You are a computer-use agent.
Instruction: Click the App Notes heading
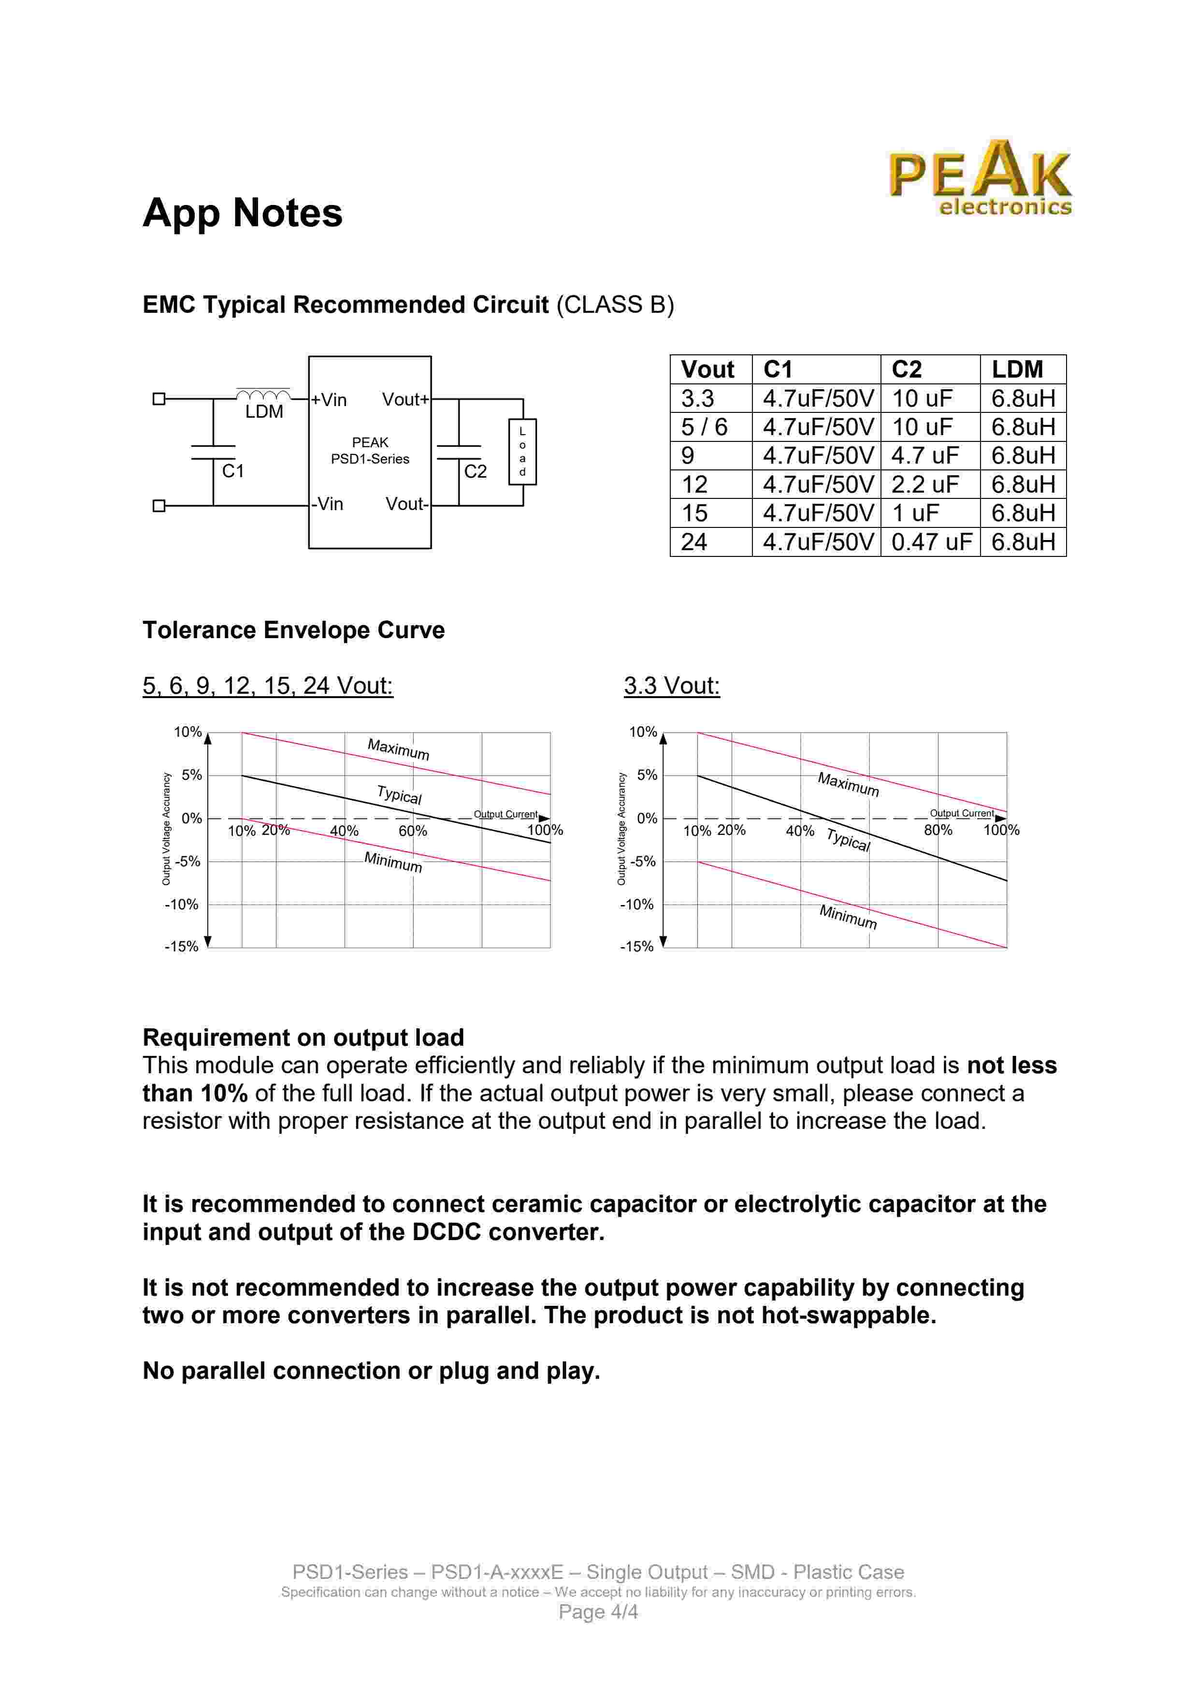(242, 213)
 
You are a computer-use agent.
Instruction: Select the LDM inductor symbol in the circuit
(262, 396)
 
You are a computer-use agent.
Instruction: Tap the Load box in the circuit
(522, 452)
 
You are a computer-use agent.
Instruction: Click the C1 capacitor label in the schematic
(232, 471)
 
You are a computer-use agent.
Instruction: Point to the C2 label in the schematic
(475, 471)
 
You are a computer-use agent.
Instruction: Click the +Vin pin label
(329, 400)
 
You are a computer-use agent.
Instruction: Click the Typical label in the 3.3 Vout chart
(848, 840)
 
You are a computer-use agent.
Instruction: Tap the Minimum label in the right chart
(848, 917)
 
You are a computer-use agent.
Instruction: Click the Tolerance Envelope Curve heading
(294, 630)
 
